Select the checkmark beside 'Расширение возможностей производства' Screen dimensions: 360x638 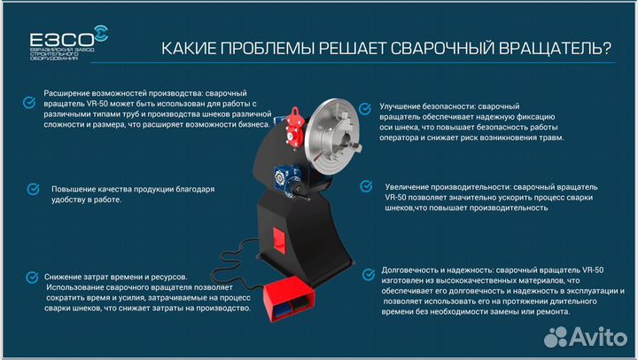pyautogui.click(x=32, y=91)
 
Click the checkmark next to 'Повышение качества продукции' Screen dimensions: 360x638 pyautogui.click(x=33, y=189)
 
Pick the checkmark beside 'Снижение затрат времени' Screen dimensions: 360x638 pyautogui.click(x=33, y=277)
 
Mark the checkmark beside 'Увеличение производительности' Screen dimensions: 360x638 pyautogui.click(x=365, y=187)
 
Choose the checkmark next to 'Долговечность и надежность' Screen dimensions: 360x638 pyautogui.click(x=365, y=269)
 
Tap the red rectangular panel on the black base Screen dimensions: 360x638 pyautogui.click(x=277, y=239)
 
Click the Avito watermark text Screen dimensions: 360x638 pyautogui.click(x=590, y=335)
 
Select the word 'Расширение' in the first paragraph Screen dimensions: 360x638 pyautogui.click(x=68, y=92)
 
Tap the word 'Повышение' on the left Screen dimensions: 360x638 pyautogui.click(x=74, y=189)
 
